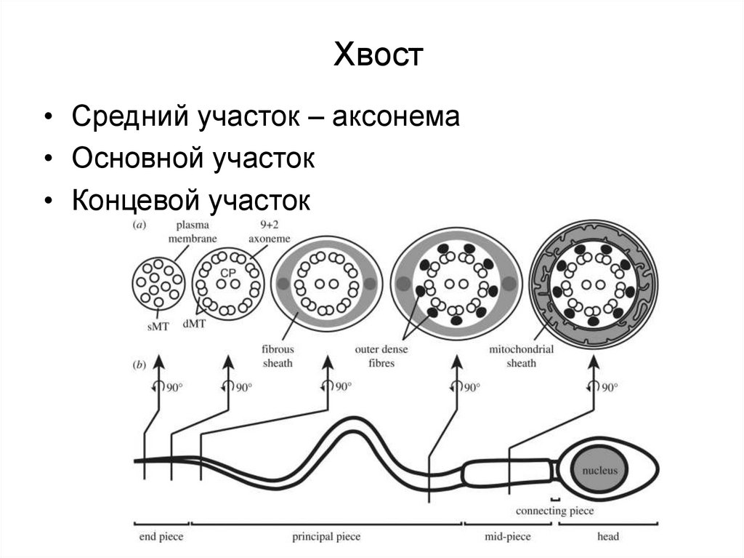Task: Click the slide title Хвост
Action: pos(378,56)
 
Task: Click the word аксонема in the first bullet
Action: pos(396,117)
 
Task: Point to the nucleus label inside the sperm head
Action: pos(599,471)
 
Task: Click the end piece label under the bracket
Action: pos(161,537)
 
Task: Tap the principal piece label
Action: pos(326,537)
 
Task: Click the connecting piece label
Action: pos(554,511)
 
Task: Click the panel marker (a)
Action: pos(138,226)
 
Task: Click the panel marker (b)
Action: pos(138,364)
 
